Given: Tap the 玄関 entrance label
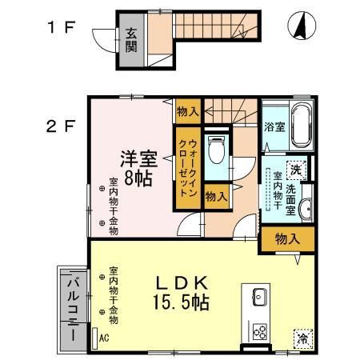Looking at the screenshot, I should pos(130,40).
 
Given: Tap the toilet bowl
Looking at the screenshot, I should pos(214,150).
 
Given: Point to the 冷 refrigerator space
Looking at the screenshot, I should pos(303,338).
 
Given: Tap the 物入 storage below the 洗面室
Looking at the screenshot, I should pos(286,238).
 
